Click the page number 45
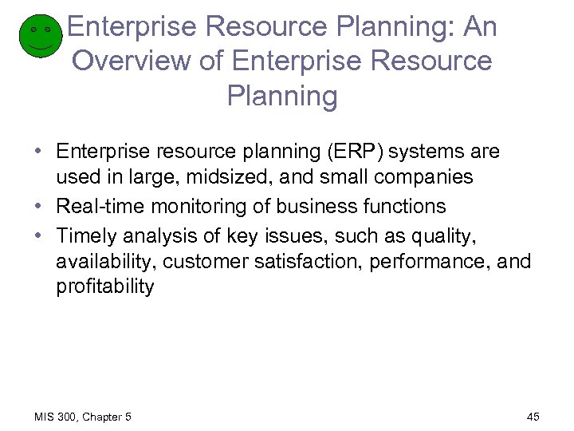(x=533, y=417)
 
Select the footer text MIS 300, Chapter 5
(x=84, y=417)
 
